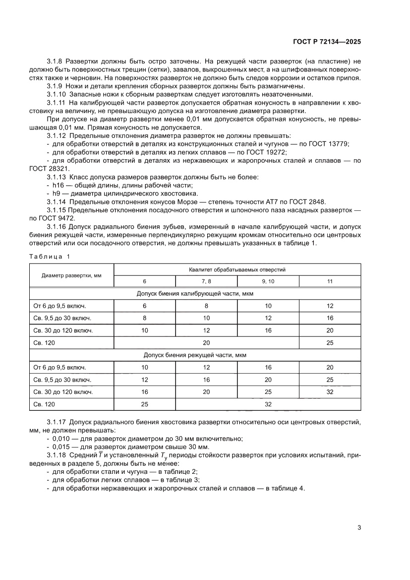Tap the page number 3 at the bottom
coord(359,527)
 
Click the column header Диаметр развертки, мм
coord(72,275)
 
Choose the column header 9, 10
coord(268,281)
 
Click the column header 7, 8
coord(206,281)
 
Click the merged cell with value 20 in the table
coord(206,342)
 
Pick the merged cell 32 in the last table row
coord(268,404)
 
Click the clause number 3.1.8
coord(56,60)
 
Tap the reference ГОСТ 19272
coord(267,152)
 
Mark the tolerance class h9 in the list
coord(57,193)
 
